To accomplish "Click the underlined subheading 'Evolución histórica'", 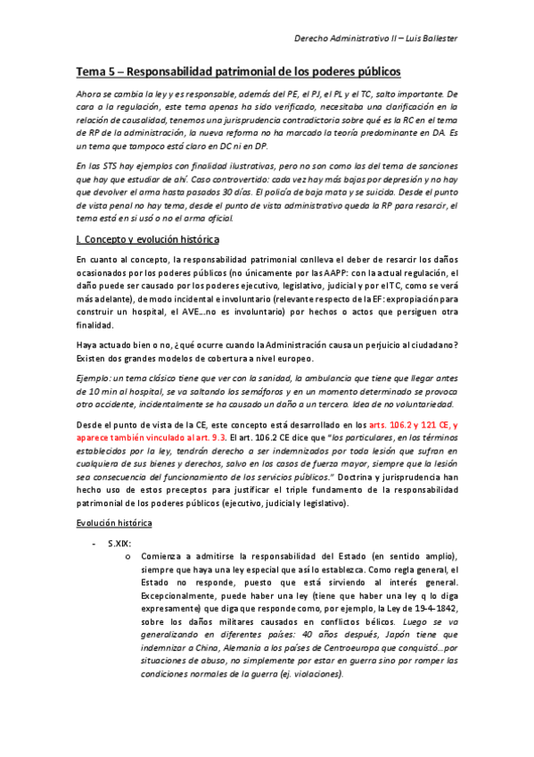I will pyautogui.click(x=116, y=520).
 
